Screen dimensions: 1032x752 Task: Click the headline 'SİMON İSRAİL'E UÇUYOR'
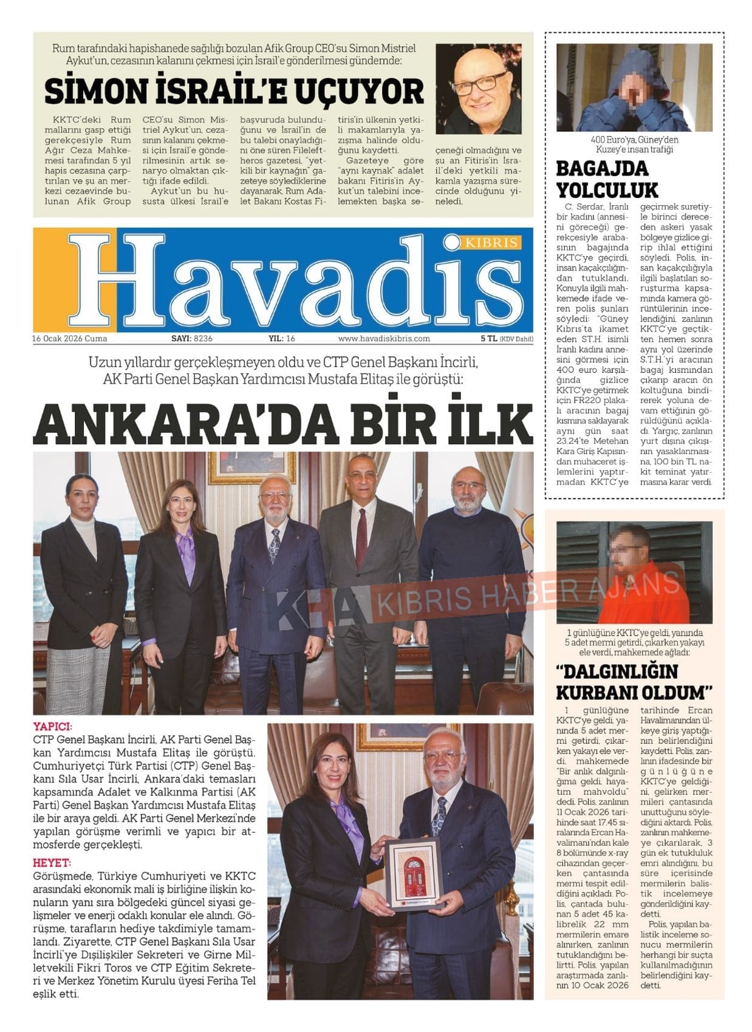tap(234, 92)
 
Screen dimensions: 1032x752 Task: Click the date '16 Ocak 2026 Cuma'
tap(70, 339)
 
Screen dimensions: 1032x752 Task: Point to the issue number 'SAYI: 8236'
tap(191, 339)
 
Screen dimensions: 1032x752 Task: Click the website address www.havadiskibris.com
tap(384, 339)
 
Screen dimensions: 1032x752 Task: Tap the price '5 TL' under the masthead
tap(489, 339)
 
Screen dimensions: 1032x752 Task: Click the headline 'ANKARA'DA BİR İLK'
tap(283, 423)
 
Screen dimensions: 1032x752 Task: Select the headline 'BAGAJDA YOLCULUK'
tap(607, 179)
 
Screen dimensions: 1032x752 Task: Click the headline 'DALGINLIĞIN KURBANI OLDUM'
tap(633, 682)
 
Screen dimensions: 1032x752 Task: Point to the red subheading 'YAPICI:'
tap(53, 727)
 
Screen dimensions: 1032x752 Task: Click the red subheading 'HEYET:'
tap(52, 863)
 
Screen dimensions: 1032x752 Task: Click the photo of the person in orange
tap(634, 572)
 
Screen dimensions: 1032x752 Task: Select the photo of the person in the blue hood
tap(634, 87)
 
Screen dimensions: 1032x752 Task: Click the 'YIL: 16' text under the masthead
tap(282, 339)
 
